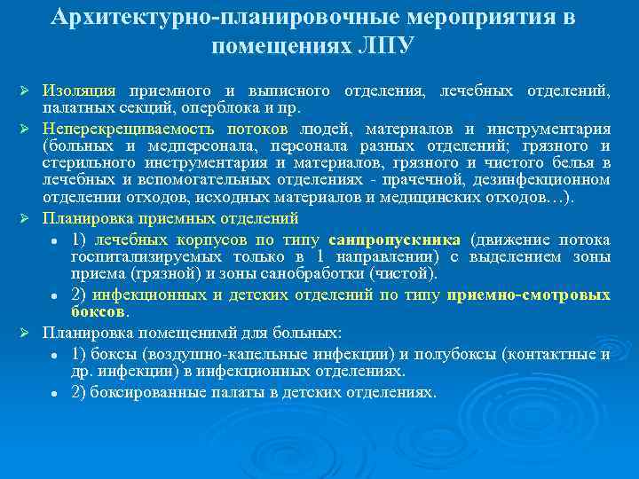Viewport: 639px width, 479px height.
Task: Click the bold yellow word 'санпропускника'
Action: point(394,240)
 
